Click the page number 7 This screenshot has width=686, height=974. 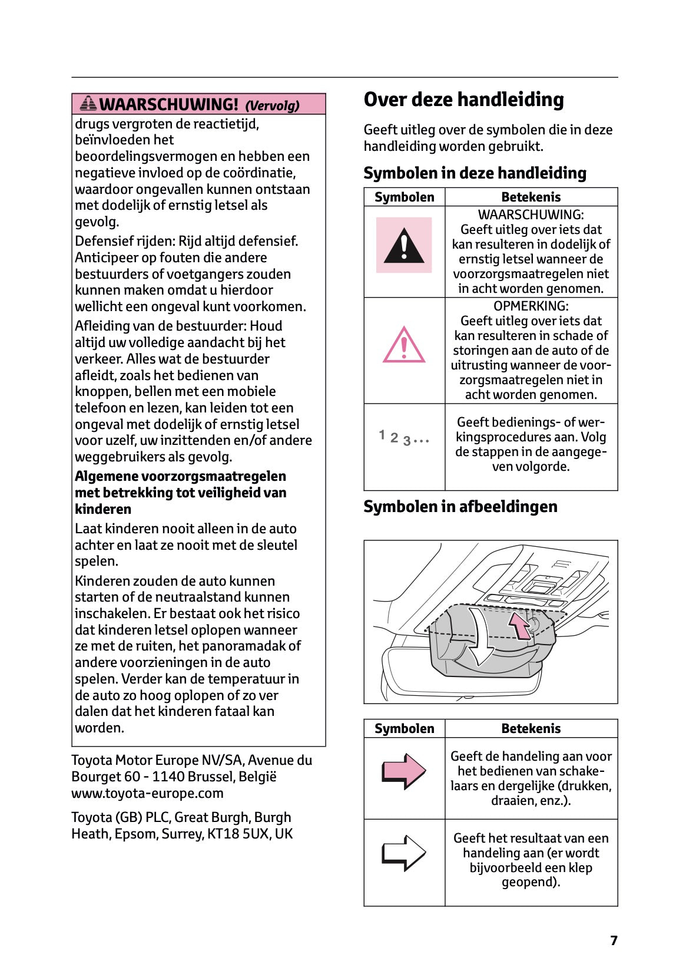click(614, 940)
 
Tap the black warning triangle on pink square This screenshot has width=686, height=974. click(404, 245)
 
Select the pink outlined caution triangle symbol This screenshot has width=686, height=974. click(404, 345)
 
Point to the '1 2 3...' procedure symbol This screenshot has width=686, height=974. click(404, 438)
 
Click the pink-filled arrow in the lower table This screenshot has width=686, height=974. click(404, 771)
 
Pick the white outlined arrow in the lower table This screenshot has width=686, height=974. click(404, 853)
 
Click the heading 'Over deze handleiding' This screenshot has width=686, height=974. click(463, 100)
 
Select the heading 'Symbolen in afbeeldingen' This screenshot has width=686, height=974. click(460, 507)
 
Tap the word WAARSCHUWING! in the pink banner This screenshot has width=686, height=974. click(169, 105)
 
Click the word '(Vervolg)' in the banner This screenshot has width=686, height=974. click(272, 106)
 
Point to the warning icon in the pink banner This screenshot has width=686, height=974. click(88, 104)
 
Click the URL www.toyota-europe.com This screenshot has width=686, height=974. click(147, 793)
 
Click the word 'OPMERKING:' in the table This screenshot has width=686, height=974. click(531, 306)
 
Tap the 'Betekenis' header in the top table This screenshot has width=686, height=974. click(531, 197)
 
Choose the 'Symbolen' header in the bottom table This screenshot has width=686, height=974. click(404, 729)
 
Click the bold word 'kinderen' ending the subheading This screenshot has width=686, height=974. click(103, 509)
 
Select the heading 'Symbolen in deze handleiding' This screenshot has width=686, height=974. click(475, 173)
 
